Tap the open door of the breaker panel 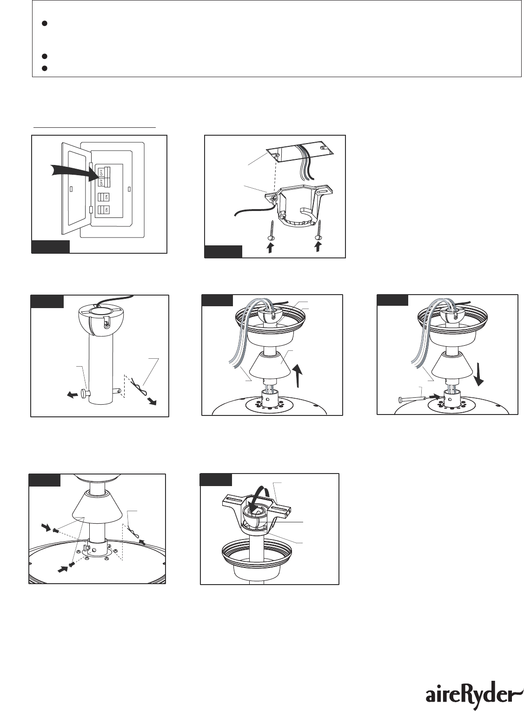pyautogui.click(x=77, y=189)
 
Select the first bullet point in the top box pyautogui.click(x=45, y=23)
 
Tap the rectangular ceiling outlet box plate pyautogui.click(x=300, y=151)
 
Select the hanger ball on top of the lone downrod pyautogui.click(x=97, y=321)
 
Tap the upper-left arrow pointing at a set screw pyautogui.click(x=46, y=527)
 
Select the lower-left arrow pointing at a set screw pyautogui.click(x=63, y=570)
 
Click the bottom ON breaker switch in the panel pyautogui.click(x=105, y=210)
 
